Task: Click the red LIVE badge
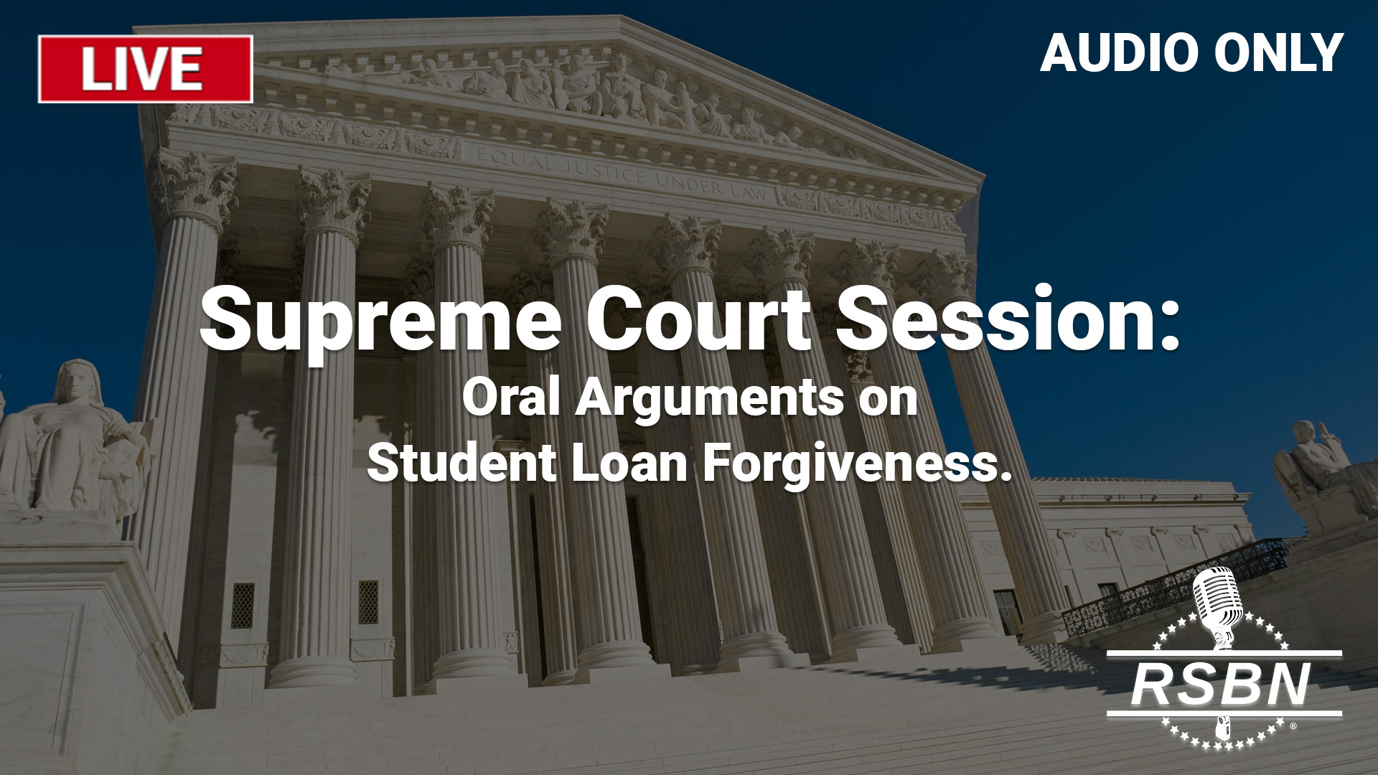(x=146, y=69)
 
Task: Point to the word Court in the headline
(x=698, y=317)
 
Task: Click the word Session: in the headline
(x=1008, y=317)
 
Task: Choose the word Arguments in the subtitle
(x=711, y=400)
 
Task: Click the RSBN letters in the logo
(x=1221, y=685)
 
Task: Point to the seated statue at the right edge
(x=1321, y=474)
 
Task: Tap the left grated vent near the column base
(x=243, y=605)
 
